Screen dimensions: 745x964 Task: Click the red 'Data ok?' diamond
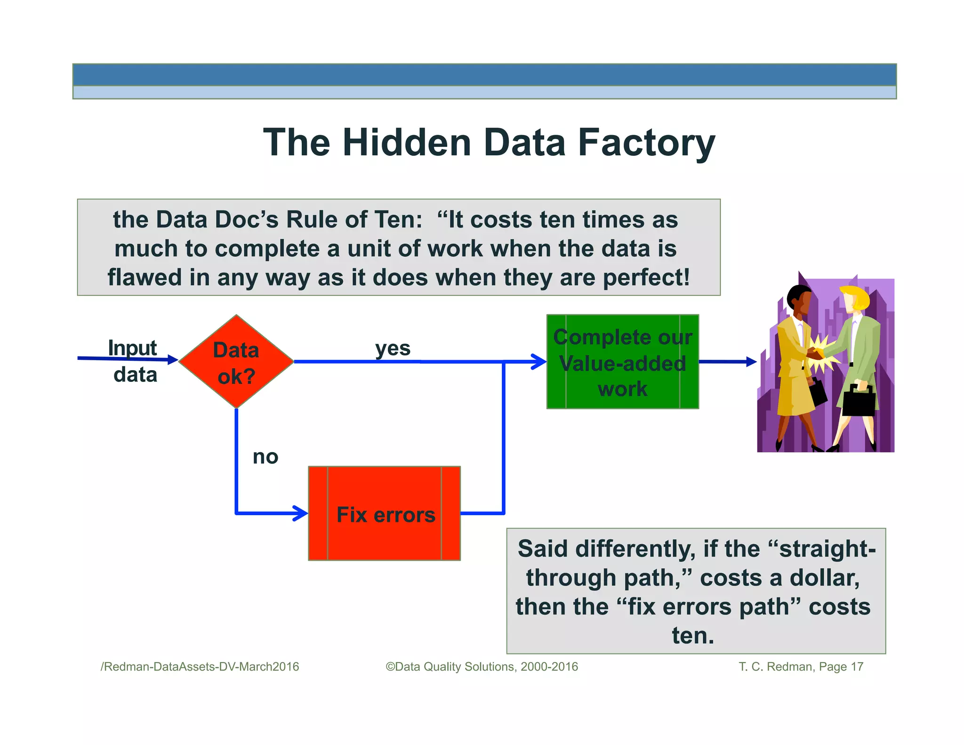pos(236,362)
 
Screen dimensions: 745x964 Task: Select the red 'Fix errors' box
pos(384,513)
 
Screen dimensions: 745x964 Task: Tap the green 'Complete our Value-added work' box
pos(622,362)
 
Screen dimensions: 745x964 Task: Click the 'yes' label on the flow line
pos(393,348)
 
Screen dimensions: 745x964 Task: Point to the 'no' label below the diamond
pos(265,457)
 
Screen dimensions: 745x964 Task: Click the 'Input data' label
pos(134,361)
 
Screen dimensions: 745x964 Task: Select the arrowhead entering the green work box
pos(539,362)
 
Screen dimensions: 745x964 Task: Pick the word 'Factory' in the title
pos(646,143)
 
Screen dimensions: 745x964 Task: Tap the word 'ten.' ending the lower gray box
pos(693,635)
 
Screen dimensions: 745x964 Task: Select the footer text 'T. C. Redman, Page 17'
pos(801,666)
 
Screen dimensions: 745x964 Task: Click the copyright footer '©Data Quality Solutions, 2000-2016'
pos(482,666)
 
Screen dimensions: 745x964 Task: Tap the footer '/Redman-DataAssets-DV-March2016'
pos(200,666)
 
